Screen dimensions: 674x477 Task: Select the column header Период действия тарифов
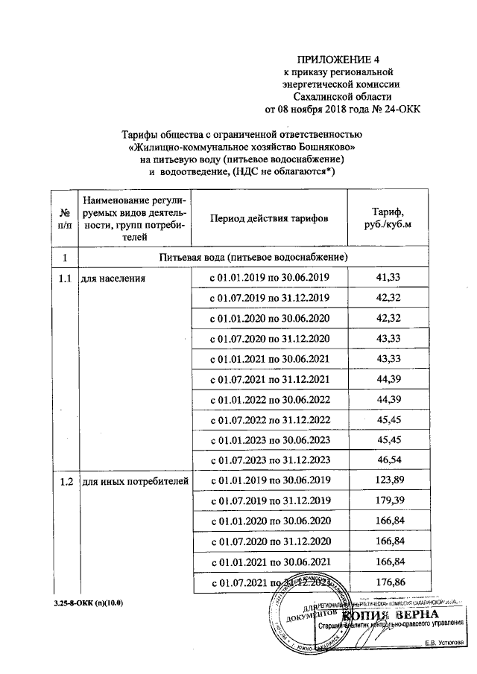(x=268, y=218)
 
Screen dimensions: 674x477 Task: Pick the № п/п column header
(x=65, y=218)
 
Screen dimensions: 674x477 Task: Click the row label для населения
(x=113, y=279)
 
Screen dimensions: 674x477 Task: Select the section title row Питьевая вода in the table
(x=253, y=257)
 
